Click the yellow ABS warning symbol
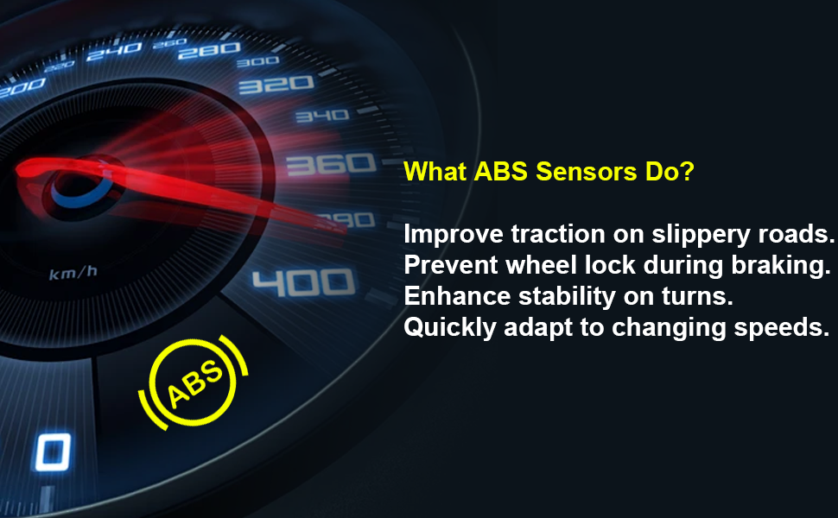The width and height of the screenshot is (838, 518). (194, 383)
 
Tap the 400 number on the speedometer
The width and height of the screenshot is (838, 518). (303, 282)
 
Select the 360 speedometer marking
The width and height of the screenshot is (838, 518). (331, 164)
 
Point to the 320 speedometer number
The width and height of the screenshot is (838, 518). (276, 85)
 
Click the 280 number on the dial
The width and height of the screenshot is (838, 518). (209, 51)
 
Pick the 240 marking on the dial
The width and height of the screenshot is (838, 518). (114, 51)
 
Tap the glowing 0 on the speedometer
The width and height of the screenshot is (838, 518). (53, 452)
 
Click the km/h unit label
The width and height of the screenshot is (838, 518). (73, 273)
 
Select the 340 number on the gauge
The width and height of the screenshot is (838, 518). (322, 116)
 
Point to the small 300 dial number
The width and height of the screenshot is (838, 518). (257, 62)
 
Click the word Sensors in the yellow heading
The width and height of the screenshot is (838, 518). (587, 172)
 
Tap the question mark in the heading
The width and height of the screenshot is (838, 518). (688, 172)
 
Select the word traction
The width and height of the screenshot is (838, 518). (558, 234)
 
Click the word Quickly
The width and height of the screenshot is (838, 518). (450, 328)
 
